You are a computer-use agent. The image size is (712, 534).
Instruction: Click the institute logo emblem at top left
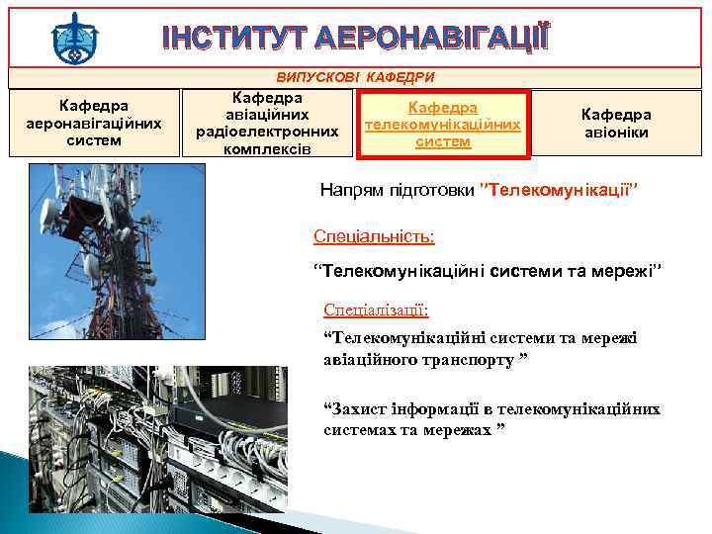click(73, 36)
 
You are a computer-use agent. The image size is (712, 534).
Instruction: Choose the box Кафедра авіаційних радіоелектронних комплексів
click(267, 124)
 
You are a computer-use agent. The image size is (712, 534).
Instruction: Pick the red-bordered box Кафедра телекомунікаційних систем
click(443, 125)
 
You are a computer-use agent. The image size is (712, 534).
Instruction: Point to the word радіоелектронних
click(267, 132)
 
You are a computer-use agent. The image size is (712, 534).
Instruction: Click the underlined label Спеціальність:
click(374, 236)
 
